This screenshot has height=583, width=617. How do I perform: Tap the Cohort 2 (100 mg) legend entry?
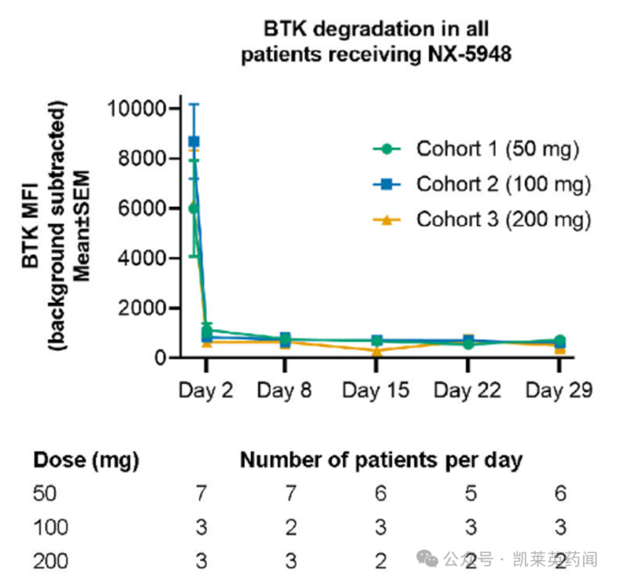(x=503, y=185)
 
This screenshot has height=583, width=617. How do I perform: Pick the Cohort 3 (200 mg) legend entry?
(x=503, y=220)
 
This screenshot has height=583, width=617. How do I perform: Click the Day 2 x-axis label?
(x=206, y=390)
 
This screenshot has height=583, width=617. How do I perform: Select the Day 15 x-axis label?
(x=375, y=390)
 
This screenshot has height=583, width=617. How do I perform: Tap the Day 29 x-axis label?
(x=558, y=390)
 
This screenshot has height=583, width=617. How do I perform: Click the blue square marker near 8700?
(x=194, y=142)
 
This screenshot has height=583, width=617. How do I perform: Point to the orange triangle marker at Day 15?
(x=377, y=351)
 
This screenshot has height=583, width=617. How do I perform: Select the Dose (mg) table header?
(x=86, y=460)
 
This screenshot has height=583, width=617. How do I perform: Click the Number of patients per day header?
(x=381, y=460)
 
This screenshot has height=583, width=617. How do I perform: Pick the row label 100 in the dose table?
(x=50, y=527)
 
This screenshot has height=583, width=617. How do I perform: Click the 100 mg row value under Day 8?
(x=291, y=527)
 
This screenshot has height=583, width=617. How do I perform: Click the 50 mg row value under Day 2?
(x=202, y=494)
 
